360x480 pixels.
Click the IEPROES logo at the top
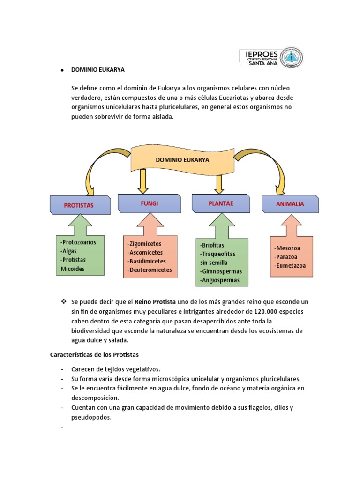coord(271,58)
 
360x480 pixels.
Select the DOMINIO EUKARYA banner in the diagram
coord(182,160)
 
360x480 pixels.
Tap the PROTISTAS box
coord(80,205)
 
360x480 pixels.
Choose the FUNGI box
coord(149,203)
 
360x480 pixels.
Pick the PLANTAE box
coord(221,203)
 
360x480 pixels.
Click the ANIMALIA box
coord(290,204)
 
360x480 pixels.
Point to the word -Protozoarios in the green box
coord(78,242)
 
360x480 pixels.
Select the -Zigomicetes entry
coord(144,244)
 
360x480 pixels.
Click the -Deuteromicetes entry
coord(150,270)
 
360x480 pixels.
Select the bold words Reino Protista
coord(155,302)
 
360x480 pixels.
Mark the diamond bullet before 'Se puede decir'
coord(63,301)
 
